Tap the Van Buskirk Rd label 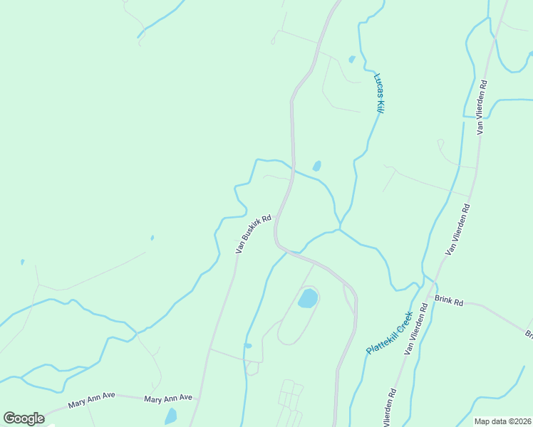pyautogui.click(x=254, y=234)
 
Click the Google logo pyautogui.click(x=24, y=418)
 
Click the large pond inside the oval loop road pyautogui.click(x=307, y=297)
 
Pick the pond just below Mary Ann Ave pyautogui.click(x=171, y=416)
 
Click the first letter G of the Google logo pyautogui.click(x=10, y=418)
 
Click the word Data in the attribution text pyautogui.click(x=496, y=421)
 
